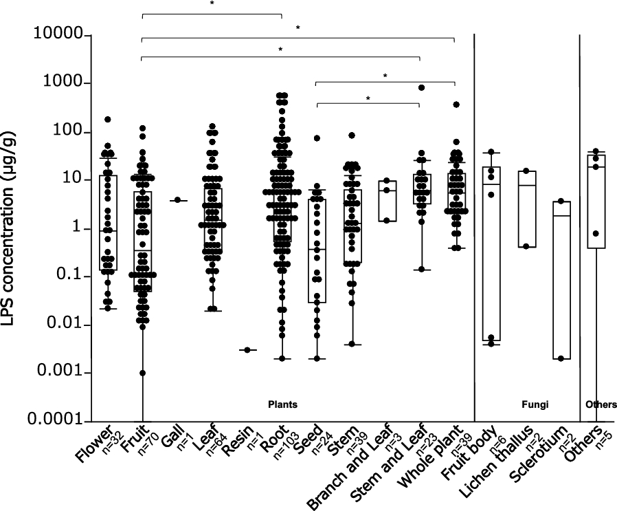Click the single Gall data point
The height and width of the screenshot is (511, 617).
point(177,200)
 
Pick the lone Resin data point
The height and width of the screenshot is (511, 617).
point(247,350)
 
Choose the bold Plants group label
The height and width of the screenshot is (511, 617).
point(282,405)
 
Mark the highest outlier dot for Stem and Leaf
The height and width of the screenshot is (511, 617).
point(420,87)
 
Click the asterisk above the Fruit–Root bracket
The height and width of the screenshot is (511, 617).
point(212,3)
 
